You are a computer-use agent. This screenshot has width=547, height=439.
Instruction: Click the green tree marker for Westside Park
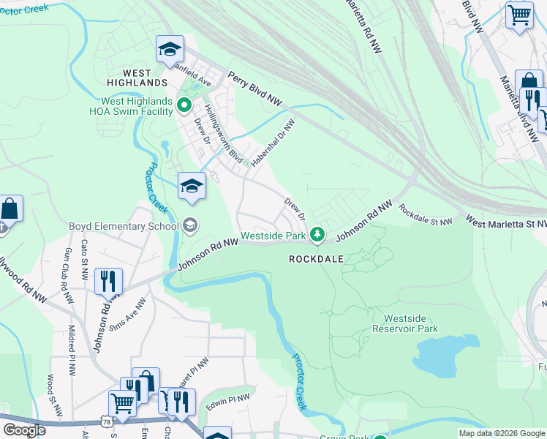(317, 235)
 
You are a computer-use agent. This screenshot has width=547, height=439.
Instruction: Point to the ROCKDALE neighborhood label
(316, 259)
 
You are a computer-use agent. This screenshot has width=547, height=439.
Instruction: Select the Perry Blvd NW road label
(254, 87)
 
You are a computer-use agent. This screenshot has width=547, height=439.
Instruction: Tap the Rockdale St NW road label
(426, 214)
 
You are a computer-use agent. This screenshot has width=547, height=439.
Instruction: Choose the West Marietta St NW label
(505, 221)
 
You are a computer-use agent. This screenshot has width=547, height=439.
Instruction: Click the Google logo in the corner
(24, 429)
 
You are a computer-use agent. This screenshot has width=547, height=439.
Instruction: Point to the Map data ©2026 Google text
(501, 433)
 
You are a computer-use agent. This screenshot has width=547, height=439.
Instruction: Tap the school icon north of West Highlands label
(170, 49)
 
